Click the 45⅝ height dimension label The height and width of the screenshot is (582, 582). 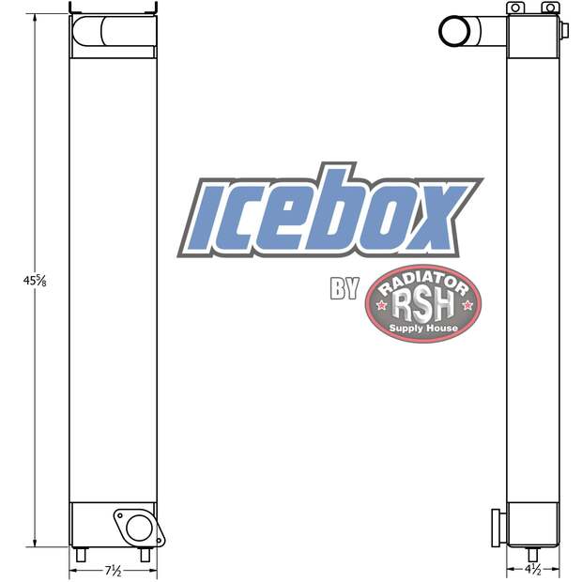[x=35, y=281]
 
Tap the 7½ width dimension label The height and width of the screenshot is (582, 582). [x=113, y=570]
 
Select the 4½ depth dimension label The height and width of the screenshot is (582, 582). [x=533, y=569]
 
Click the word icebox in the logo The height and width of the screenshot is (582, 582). [x=330, y=210]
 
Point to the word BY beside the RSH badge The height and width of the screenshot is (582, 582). [x=345, y=288]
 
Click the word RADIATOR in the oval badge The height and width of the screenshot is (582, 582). [x=423, y=283]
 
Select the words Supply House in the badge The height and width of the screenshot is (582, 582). [x=423, y=329]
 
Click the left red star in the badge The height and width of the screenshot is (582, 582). [x=381, y=305]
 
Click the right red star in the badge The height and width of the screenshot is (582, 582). [x=467, y=305]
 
